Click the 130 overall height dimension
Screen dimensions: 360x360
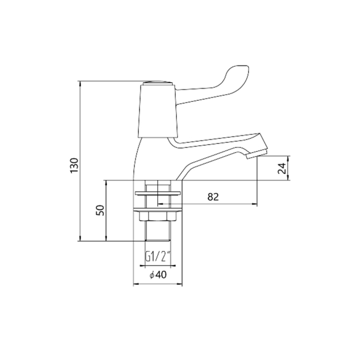tap(75, 164)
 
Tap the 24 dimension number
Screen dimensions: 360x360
tap(282, 168)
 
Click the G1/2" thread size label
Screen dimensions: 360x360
tap(158, 256)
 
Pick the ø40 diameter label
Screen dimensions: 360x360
tap(158, 275)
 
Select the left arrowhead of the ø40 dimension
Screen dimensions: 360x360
tap(136, 285)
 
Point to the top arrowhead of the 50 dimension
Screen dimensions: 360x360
tap(107, 182)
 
